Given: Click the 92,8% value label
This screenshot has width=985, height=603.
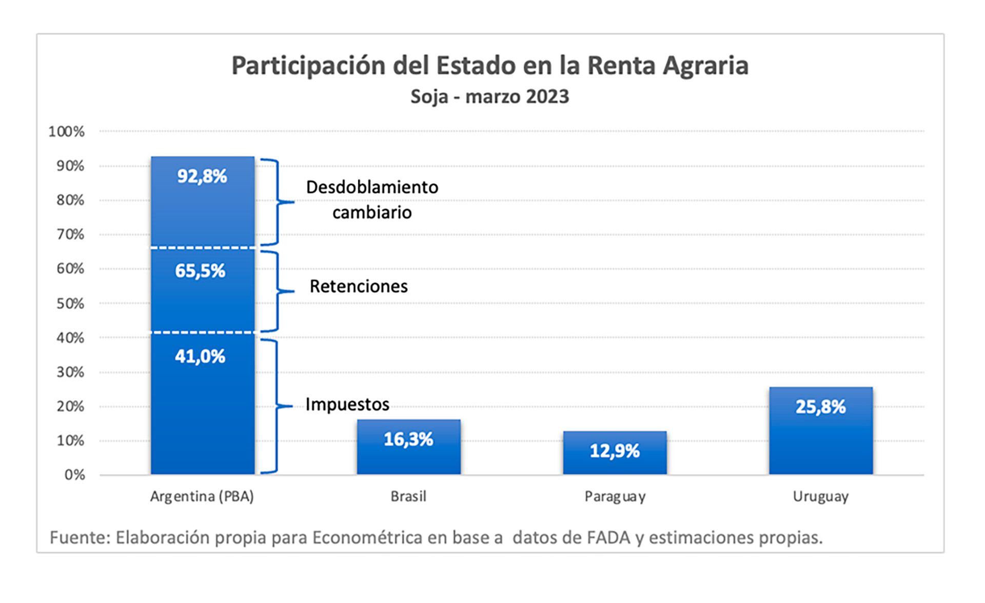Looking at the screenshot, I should [202, 176].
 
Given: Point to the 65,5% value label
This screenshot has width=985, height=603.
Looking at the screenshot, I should [200, 271].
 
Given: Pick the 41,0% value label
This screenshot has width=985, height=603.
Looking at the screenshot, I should [200, 356].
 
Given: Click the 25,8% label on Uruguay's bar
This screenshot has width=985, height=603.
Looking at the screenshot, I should [820, 407].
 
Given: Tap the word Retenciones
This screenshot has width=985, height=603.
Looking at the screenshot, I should [359, 286].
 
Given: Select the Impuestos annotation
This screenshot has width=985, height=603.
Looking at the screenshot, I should [347, 405].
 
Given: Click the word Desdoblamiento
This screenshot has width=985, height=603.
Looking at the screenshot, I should [372, 187].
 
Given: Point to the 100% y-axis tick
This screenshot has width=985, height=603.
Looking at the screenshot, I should [66, 132].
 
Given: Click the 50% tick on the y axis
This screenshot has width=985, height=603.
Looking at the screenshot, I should [70, 304].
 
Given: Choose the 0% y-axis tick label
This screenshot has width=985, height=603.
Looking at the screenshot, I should [74, 475].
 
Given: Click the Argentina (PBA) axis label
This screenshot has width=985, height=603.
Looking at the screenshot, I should [202, 496].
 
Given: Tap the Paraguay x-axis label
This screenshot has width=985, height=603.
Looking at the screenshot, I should [615, 496].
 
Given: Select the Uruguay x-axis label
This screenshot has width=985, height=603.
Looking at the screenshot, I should [820, 496].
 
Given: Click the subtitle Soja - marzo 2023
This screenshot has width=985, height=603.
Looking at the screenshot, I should [489, 97].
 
